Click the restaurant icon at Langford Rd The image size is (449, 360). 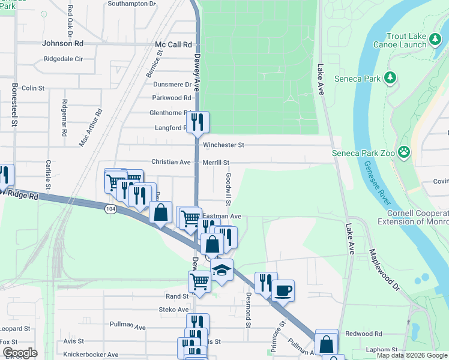point(197,122)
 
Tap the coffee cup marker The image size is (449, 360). point(283,290)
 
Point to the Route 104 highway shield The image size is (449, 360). point(110,209)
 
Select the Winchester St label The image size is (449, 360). point(223,145)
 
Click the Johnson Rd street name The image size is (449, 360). point(62,43)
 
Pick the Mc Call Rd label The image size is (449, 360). point(173,44)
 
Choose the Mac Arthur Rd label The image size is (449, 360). point(91,128)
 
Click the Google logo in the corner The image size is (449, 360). point(20,353)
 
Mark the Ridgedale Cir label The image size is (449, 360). point(71,59)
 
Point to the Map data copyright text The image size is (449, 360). point(411,355)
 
